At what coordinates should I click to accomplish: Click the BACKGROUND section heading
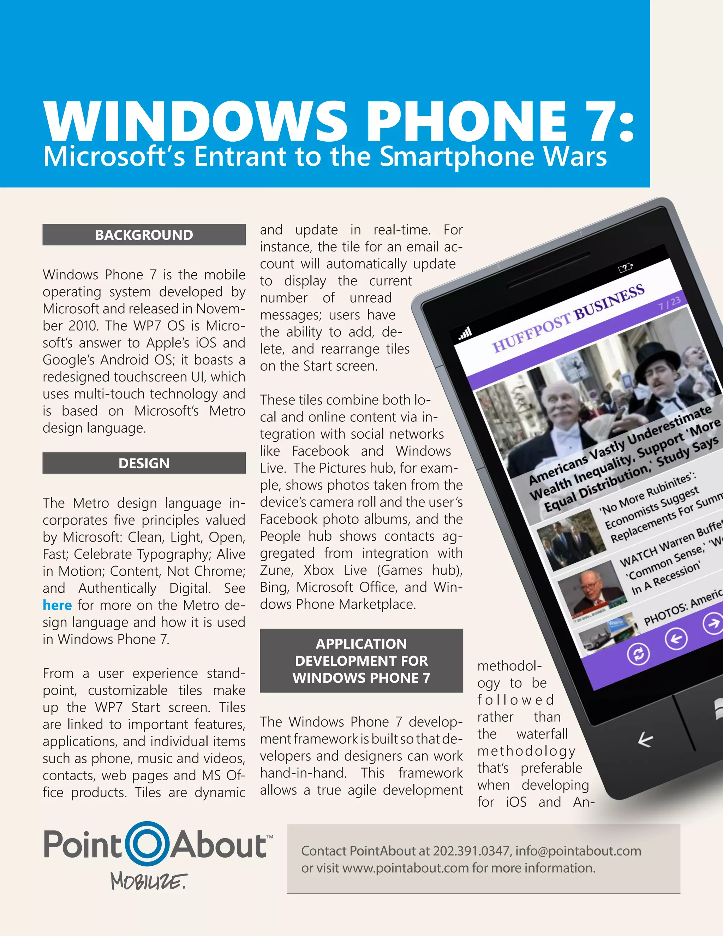coord(144,235)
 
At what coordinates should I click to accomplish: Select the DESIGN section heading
coord(144,463)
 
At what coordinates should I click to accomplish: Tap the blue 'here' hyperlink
coord(57,605)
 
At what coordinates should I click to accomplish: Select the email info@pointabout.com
coord(578,851)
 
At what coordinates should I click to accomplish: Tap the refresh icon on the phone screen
coord(638,654)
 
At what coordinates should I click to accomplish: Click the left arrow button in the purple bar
coord(676,639)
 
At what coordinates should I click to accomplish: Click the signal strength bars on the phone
coord(466,333)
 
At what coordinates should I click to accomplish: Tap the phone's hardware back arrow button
coord(645,739)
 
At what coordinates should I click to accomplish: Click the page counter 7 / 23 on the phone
coord(669,303)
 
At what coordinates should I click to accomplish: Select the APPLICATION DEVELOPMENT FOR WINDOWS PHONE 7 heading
coord(361,660)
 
